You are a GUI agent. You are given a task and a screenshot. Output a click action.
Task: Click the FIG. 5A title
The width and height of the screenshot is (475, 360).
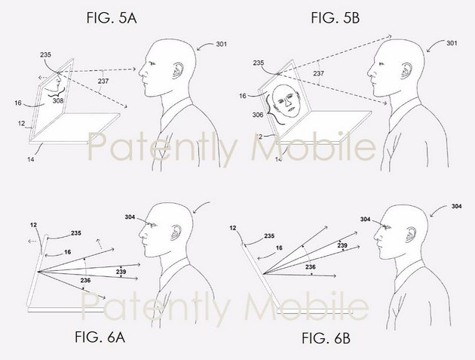tap(112, 18)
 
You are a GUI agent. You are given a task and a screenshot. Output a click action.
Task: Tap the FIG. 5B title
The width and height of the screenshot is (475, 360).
tap(336, 18)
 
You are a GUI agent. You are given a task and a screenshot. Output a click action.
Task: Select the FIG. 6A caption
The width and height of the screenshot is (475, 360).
tap(100, 337)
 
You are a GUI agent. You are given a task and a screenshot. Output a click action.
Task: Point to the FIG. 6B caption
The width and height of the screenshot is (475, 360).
tap(326, 338)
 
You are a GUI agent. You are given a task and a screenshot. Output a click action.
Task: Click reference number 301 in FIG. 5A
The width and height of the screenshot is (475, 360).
tap(221, 45)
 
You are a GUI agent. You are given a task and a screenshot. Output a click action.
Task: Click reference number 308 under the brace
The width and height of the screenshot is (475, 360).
tap(58, 100)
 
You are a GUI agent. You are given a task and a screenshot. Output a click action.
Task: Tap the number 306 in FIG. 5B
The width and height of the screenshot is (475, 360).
tap(258, 115)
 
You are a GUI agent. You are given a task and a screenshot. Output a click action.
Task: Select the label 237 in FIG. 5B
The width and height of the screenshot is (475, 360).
tap(318, 73)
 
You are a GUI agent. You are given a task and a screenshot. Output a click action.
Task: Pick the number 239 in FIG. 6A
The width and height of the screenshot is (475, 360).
tap(121, 272)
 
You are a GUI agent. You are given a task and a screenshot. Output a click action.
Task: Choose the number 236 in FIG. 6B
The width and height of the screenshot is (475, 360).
tap(310, 267)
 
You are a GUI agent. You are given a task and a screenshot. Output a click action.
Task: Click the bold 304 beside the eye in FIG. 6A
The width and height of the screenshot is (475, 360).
tap(130, 217)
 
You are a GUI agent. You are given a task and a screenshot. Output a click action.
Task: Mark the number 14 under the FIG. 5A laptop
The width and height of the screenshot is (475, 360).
tap(31, 159)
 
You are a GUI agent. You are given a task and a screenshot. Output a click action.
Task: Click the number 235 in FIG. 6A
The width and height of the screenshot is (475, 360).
tap(76, 233)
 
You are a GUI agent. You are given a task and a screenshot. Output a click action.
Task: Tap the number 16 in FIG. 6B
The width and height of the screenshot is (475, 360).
tap(279, 248)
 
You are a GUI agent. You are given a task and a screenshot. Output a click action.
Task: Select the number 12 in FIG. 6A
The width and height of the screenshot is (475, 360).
tap(34, 225)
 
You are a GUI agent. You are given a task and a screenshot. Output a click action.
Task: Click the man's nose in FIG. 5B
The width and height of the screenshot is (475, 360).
tap(369, 72)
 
